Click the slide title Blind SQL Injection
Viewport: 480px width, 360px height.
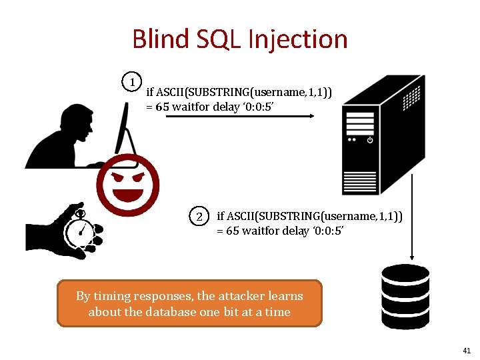point(240,39)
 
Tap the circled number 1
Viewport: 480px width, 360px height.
point(134,82)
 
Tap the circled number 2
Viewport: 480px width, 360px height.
point(199,217)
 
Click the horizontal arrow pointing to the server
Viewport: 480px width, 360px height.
point(240,116)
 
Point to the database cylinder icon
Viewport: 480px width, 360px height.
point(405,297)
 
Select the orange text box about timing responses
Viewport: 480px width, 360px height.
point(189,303)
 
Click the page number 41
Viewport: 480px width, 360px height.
point(466,351)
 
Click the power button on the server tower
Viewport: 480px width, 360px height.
point(370,140)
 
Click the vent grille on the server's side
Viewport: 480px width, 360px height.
point(415,99)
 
